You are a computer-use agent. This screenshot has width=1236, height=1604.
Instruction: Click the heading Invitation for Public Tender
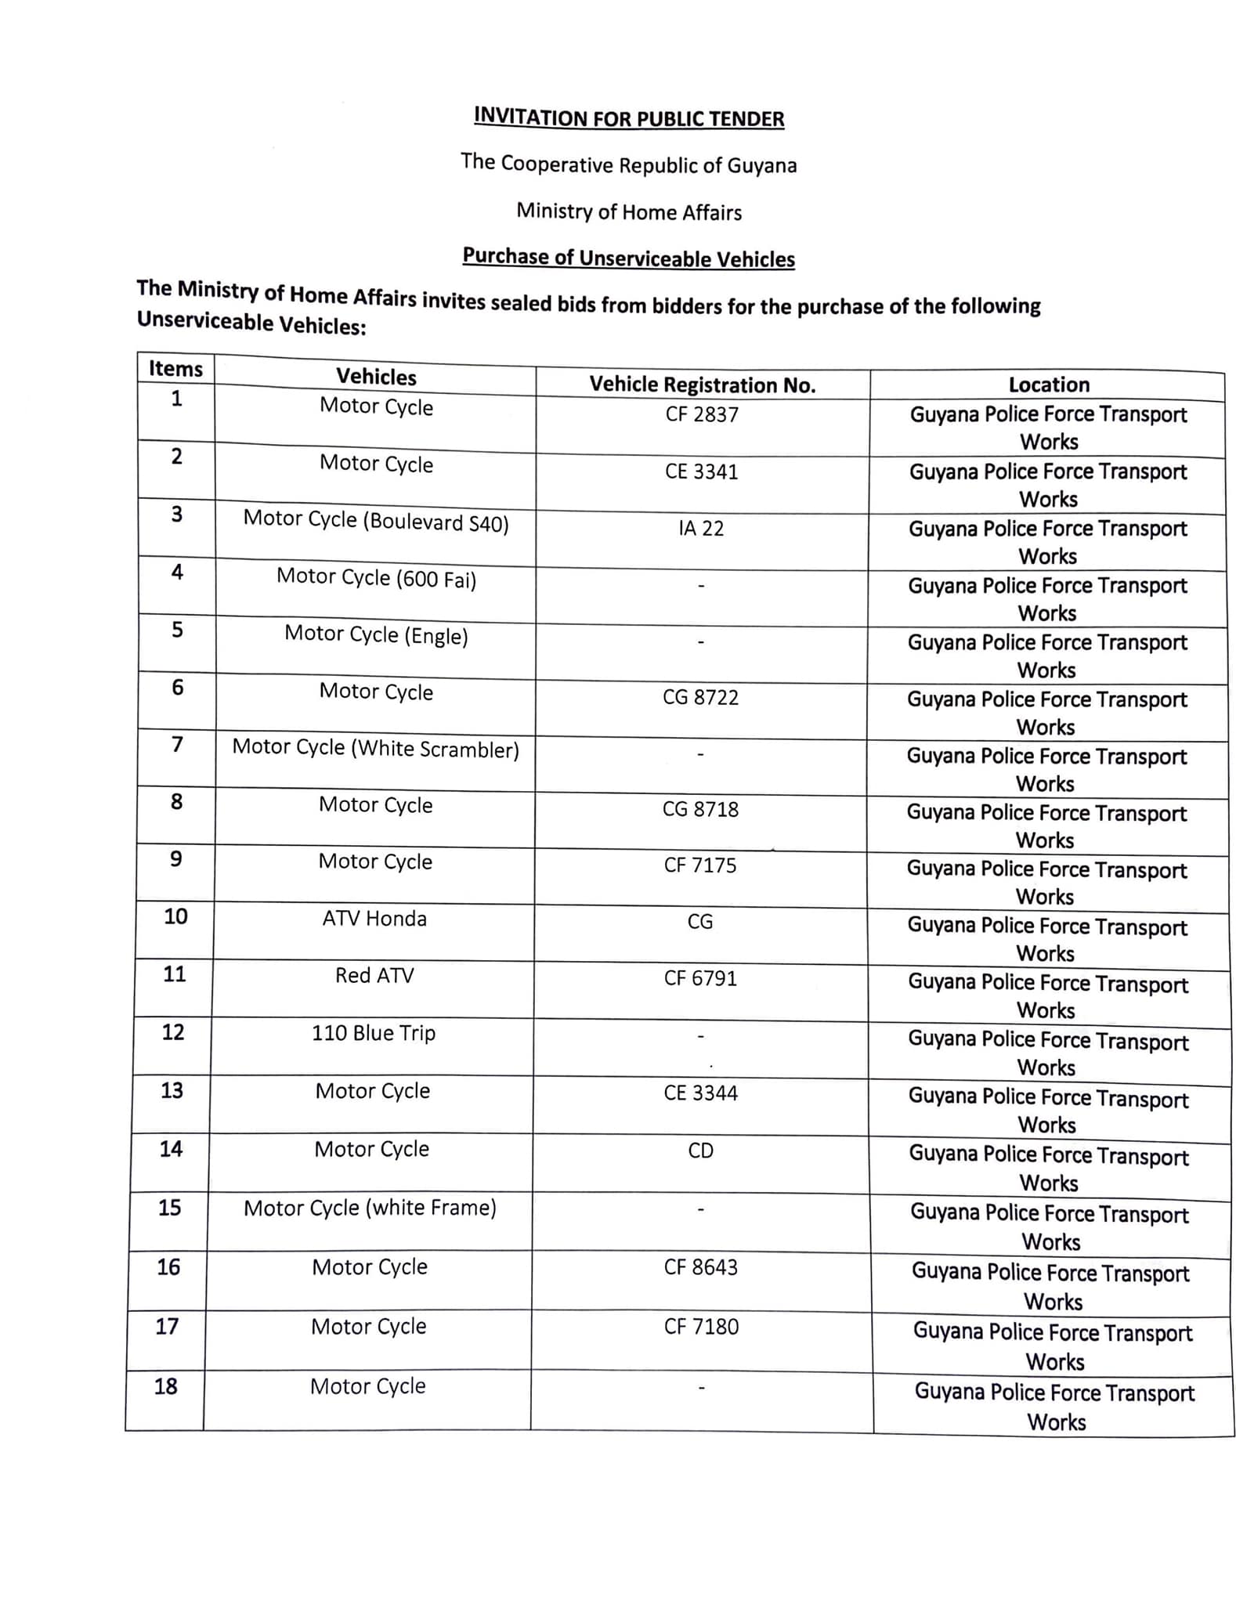pyautogui.click(x=628, y=118)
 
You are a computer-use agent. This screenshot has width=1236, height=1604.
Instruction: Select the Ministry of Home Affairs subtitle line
pyautogui.click(x=628, y=211)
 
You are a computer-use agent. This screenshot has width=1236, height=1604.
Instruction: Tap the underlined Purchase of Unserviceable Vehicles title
pyautogui.click(x=628, y=258)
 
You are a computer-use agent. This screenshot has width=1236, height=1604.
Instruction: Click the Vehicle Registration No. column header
pyautogui.click(x=702, y=385)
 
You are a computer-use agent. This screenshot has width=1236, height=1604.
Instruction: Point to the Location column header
pyautogui.click(x=1049, y=385)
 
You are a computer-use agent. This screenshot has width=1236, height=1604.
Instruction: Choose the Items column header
pyautogui.click(x=175, y=369)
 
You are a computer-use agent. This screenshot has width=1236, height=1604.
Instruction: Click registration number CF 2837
pyautogui.click(x=702, y=414)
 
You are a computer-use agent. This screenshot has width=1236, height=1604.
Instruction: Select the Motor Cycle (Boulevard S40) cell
pyautogui.click(x=376, y=521)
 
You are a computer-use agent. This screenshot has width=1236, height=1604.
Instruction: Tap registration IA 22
pyautogui.click(x=701, y=529)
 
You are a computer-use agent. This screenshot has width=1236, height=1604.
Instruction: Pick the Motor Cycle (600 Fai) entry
pyautogui.click(x=376, y=578)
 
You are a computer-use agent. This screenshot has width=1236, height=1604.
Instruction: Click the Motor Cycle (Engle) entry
pyautogui.click(x=376, y=634)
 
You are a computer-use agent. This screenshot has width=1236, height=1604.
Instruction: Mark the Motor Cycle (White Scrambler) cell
pyautogui.click(x=375, y=749)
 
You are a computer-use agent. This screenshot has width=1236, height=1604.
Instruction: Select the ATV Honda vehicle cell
pyautogui.click(x=374, y=918)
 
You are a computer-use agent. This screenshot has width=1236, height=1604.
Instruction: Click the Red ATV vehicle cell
pyautogui.click(x=374, y=975)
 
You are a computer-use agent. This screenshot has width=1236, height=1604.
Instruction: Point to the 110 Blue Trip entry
pyautogui.click(x=374, y=1033)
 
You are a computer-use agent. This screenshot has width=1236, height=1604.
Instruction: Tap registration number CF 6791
pyautogui.click(x=700, y=978)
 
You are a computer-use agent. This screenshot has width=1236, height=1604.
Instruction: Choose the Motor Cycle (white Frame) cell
pyautogui.click(x=370, y=1208)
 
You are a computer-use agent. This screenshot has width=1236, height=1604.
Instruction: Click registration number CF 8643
pyautogui.click(x=700, y=1267)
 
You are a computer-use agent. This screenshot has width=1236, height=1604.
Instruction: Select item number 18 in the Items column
pyautogui.click(x=166, y=1386)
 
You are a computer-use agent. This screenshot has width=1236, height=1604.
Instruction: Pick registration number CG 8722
pyautogui.click(x=700, y=697)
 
